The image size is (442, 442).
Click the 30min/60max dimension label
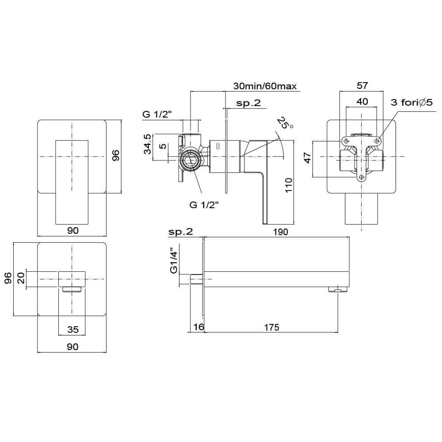[x=265, y=86]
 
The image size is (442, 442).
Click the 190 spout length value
[x=281, y=232]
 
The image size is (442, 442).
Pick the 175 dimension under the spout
[x=271, y=327]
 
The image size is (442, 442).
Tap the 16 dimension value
[x=198, y=327]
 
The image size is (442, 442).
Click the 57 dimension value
[x=362, y=86]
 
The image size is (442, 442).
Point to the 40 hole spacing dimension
[x=362, y=101]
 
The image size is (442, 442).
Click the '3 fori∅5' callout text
[x=411, y=103]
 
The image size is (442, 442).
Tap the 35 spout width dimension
[x=72, y=329]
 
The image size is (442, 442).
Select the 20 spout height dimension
[x=20, y=278]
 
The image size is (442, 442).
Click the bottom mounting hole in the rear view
[x=362, y=178]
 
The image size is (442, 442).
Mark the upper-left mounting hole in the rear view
[x=346, y=141]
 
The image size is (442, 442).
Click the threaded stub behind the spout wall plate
[x=196, y=280]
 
